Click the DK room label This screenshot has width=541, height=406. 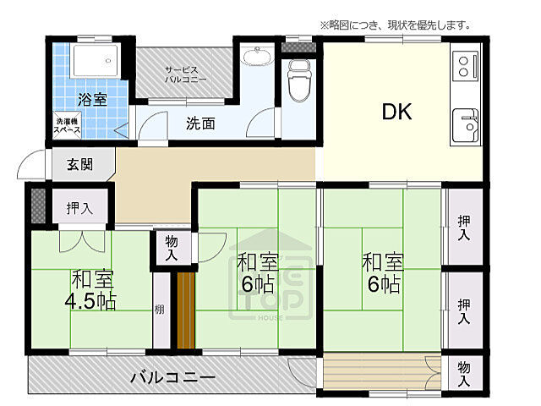396,111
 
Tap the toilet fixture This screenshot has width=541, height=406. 298,86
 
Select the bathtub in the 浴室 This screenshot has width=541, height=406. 94,61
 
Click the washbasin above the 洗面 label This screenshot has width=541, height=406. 255,57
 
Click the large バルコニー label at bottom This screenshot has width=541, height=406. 172,376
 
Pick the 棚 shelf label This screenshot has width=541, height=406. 160,309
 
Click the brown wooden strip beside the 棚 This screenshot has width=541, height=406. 185,310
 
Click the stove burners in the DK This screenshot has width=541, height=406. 466,63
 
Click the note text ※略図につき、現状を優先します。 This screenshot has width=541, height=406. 394,25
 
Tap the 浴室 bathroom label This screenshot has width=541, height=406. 93,99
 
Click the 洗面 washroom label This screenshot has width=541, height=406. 200,123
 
